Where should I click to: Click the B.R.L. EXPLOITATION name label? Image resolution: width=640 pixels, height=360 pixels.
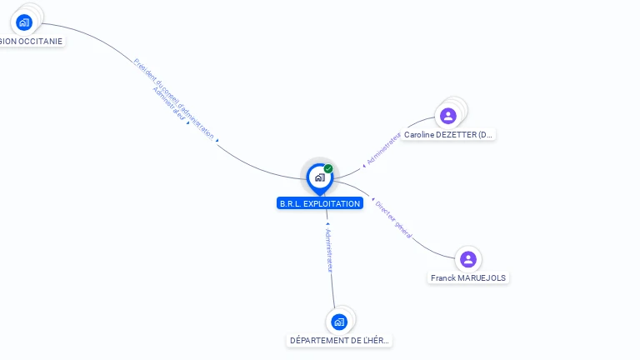320,203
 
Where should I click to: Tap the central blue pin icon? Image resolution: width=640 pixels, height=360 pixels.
319,177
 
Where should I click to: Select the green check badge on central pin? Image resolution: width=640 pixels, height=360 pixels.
328,169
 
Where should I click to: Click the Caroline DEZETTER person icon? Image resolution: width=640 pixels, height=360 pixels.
448,116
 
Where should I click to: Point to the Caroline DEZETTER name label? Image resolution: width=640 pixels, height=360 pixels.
448,134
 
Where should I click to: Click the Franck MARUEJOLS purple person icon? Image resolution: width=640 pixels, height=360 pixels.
468,259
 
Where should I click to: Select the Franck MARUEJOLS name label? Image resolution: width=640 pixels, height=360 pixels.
468,277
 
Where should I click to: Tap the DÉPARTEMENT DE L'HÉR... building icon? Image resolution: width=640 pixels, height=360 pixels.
338,322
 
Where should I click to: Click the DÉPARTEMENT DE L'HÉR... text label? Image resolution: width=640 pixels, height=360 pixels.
339,340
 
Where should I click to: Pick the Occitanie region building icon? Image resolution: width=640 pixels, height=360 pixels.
24,22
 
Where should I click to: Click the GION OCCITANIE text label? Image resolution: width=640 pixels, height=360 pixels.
31,41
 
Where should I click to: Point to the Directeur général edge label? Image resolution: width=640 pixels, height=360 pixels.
393,220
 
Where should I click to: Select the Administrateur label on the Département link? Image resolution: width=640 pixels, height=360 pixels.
329,249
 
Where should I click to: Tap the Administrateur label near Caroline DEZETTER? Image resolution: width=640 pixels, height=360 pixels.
384,147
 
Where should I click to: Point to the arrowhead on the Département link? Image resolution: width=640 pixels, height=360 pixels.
327,223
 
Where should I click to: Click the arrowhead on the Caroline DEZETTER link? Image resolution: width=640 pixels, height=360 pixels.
363,165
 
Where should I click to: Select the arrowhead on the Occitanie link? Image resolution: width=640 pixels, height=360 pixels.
217,141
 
